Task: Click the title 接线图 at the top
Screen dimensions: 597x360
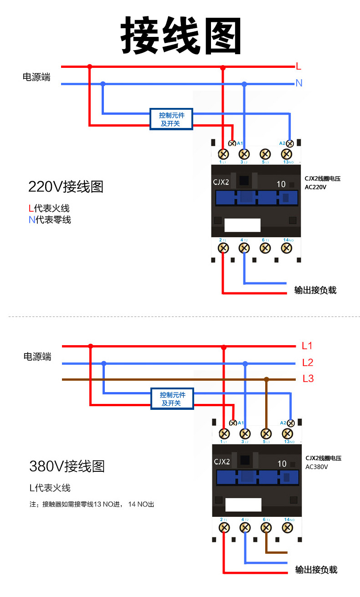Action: (x=181, y=36)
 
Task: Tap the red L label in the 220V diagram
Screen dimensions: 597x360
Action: (x=298, y=66)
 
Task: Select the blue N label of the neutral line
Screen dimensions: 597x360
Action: (x=299, y=83)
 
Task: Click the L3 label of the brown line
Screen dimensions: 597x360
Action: (x=308, y=379)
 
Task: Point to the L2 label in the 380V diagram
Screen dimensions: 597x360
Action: (x=308, y=362)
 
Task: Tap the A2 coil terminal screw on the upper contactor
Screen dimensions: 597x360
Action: (x=289, y=143)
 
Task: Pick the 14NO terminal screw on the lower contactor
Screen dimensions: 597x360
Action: (x=288, y=527)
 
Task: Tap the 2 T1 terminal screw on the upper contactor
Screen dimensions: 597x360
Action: (x=223, y=248)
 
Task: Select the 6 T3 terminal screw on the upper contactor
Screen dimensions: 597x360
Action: (x=265, y=248)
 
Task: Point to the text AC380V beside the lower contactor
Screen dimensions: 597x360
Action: (x=317, y=467)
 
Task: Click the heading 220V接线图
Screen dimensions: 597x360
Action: (x=66, y=187)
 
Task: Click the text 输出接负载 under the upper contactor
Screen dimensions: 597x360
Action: (x=315, y=290)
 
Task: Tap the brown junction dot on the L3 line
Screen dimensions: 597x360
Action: (x=267, y=379)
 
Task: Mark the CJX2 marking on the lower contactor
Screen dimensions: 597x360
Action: (x=222, y=462)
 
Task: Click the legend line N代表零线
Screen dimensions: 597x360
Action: (x=50, y=220)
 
